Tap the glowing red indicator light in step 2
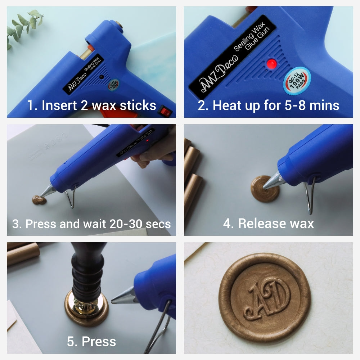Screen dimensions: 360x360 tap(270, 64)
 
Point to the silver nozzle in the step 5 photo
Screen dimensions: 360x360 tap(124, 296)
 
